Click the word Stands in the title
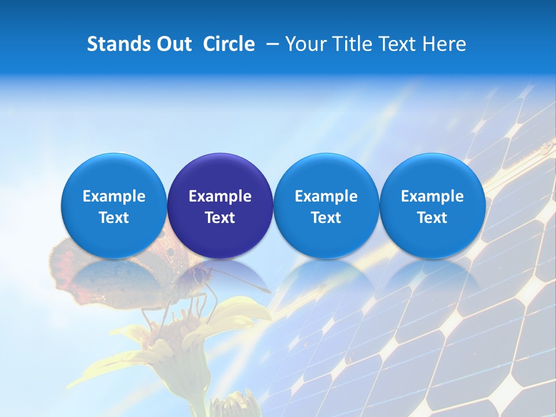pos(118,44)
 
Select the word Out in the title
pos(173,44)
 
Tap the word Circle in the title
pos(229,44)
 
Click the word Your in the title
pos(303,44)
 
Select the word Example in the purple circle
pos(220,196)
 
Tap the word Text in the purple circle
pos(220,218)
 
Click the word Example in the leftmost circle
pos(114,196)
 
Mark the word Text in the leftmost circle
pos(114,218)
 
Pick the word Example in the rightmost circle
pos(432,196)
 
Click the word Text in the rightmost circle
pos(432,218)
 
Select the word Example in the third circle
pos(326,196)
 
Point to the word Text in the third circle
pos(326,218)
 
